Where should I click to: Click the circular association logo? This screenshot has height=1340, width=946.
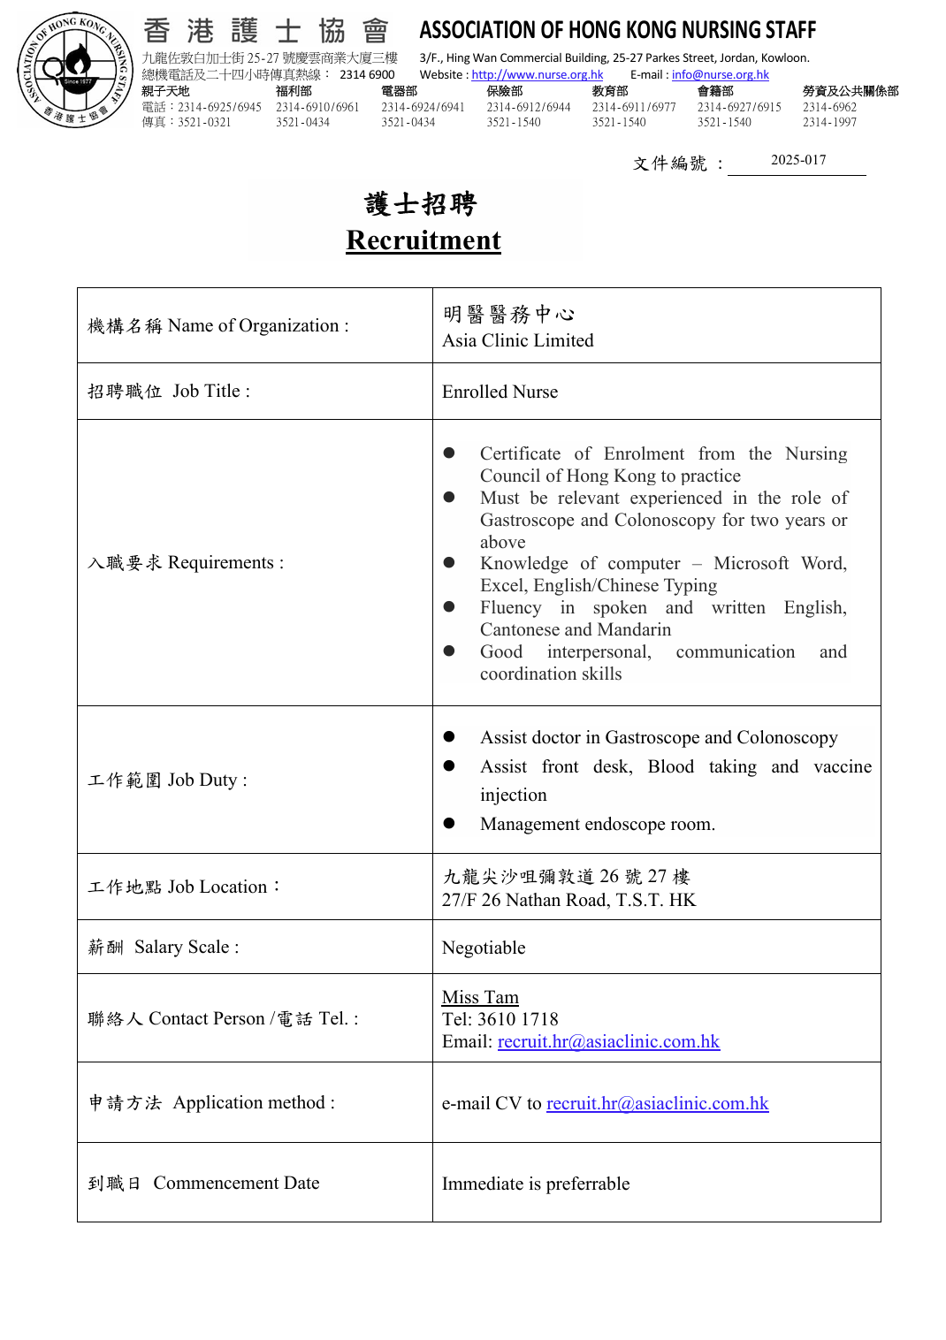[75, 70]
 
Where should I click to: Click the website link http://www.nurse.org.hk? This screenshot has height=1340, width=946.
[537, 75]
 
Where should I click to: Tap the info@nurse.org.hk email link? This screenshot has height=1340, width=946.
[720, 75]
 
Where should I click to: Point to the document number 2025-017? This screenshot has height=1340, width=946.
[797, 160]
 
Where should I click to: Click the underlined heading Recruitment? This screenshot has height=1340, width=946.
[423, 240]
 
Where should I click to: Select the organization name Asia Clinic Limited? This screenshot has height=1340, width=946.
[517, 341]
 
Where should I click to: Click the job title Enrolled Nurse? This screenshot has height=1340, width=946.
[500, 392]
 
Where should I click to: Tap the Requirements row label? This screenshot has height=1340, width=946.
[186, 563]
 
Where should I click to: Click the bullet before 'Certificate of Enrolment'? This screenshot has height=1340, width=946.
[449, 453]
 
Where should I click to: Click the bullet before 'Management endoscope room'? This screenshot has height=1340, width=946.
[449, 823]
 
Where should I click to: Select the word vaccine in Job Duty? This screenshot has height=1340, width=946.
[842, 766]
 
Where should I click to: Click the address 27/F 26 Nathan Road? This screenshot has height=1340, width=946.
[568, 900]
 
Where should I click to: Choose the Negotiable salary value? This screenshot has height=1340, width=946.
[484, 948]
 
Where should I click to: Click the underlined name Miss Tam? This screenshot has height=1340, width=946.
[480, 997]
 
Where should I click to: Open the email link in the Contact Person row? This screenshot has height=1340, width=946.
[608, 1041]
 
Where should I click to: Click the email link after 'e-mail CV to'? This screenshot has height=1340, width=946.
[657, 1103]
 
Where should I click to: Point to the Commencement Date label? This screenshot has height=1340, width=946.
[236, 1183]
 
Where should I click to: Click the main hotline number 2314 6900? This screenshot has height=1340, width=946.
[367, 75]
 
